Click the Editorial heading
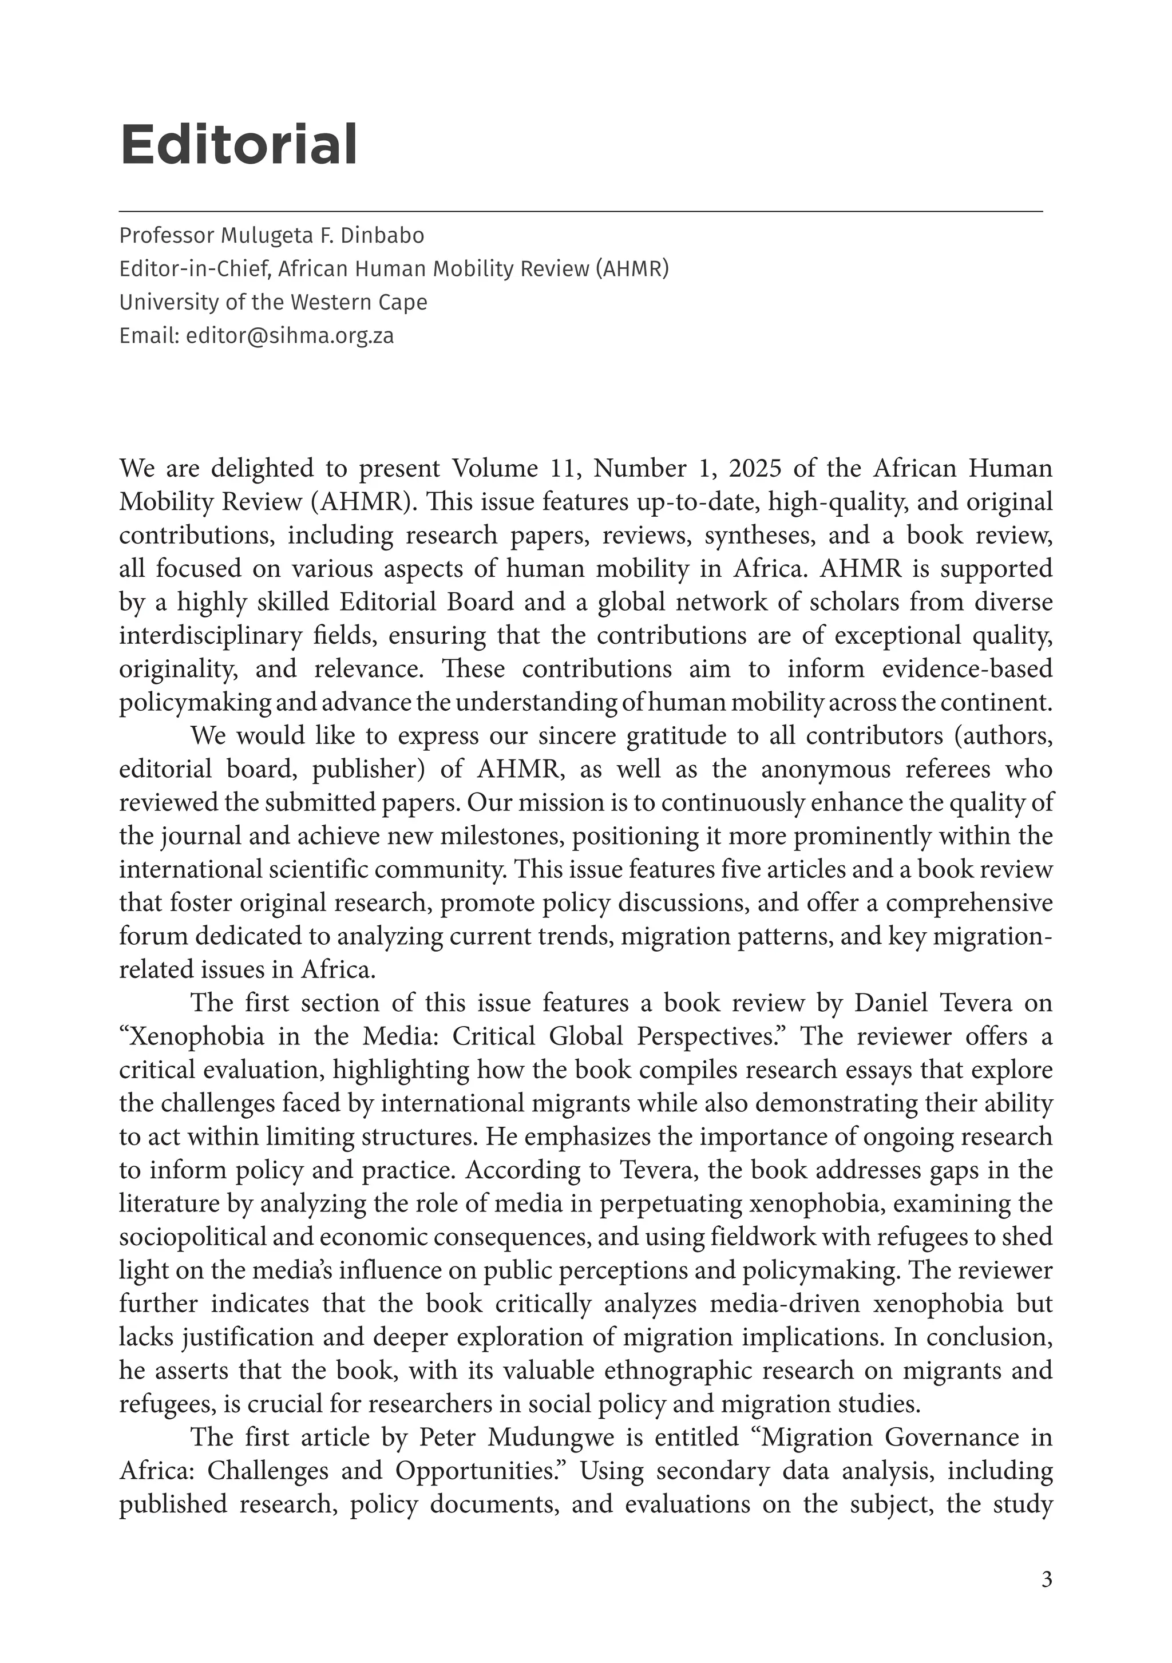[238, 145]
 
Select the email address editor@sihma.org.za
[290, 335]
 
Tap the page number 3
[1046, 1579]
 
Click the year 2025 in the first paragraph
[755, 469]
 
